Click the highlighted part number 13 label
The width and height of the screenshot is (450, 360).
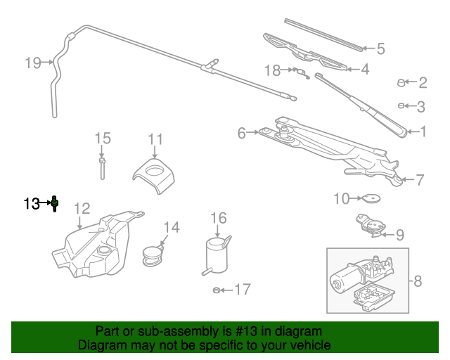pos(32,204)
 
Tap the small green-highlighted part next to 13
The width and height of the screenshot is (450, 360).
pos(55,204)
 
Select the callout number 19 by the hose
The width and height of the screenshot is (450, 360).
pos(33,63)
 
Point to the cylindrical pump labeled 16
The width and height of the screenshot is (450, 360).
pos(217,255)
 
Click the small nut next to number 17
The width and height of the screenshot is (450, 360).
pos(217,289)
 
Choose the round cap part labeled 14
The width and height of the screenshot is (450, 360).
pos(152,255)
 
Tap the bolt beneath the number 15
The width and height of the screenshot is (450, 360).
pos(102,169)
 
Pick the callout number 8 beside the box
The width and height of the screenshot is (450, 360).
pos(417,282)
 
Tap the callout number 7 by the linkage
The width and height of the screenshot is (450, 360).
pos(419,180)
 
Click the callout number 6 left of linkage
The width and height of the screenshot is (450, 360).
pos(241,132)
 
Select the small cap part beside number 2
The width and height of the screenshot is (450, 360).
pos(402,83)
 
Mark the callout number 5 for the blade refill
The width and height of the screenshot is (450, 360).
pos(380,49)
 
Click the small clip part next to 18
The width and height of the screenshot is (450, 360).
pos(300,72)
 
